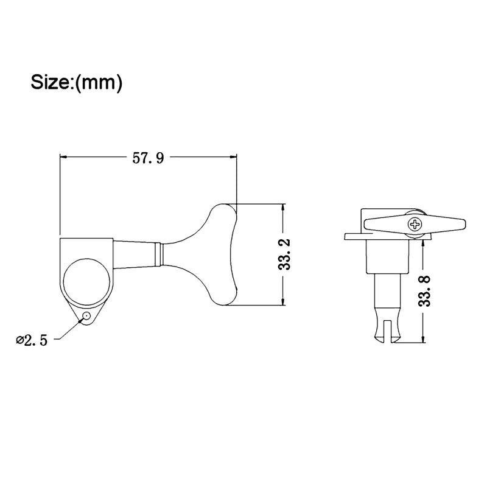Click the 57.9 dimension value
tap(148, 158)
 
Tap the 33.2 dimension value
tap(284, 254)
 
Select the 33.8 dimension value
tap(424, 291)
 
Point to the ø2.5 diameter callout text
tap(32, 341)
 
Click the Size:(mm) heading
tap(77, 83)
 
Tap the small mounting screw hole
tap(86, 316)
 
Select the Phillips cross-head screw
tap(415, 224)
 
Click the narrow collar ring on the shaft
tap(159, 254)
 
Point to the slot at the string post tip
tap(387, 333)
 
